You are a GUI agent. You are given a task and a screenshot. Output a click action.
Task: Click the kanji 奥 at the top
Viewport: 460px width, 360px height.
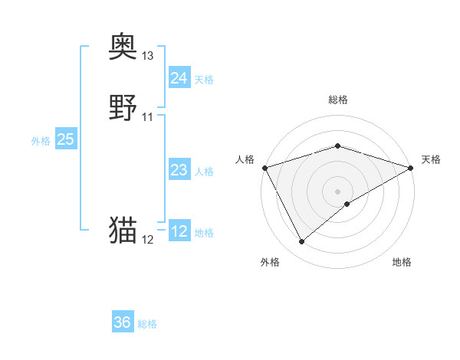123,47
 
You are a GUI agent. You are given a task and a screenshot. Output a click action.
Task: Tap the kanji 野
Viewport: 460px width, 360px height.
123,108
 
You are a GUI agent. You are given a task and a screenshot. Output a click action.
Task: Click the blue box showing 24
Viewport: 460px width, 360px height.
179,77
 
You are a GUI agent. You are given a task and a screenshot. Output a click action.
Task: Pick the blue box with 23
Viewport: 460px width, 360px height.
179,170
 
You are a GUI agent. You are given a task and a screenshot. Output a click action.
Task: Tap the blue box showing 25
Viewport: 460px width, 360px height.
65,139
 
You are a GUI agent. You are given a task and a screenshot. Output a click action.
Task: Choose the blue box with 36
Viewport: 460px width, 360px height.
122,322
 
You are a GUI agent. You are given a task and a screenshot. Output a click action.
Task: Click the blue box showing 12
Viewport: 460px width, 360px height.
179,231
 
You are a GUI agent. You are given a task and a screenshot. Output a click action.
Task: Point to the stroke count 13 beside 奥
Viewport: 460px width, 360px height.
148,56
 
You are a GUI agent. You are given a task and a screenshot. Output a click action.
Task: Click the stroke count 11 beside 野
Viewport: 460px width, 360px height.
148,117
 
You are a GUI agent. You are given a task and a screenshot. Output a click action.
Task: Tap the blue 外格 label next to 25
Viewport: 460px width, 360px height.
40,141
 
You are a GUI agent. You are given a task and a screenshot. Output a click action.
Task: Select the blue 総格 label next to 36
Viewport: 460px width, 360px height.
147,324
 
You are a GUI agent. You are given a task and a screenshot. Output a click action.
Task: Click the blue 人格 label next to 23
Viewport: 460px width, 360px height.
204,172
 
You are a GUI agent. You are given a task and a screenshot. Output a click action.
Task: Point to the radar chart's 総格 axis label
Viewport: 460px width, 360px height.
338,100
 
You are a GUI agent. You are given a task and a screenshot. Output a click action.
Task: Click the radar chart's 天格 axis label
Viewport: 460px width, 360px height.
431,159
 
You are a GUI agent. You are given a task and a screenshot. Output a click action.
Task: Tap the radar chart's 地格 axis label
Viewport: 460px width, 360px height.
402,262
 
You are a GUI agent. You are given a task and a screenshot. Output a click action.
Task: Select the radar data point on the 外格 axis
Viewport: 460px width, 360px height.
301,242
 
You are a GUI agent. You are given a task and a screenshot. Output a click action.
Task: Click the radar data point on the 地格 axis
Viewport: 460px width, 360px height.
347,204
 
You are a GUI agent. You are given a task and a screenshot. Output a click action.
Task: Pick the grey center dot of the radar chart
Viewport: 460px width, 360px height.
338,191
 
